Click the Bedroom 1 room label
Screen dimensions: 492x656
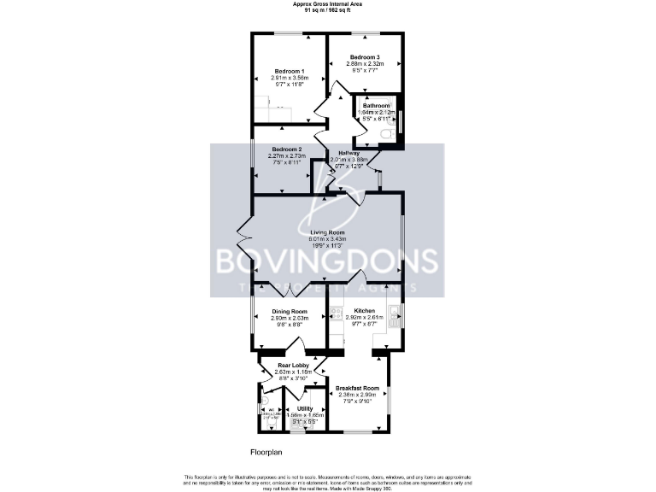point(290,71)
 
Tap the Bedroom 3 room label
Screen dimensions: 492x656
point(364,56)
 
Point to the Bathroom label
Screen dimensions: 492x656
point(376,105)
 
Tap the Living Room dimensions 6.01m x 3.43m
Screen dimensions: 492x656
point(326,239)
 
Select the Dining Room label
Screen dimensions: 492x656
point(290,312)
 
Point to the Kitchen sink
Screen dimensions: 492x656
point(395,317)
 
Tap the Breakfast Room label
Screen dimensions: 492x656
point(357,387)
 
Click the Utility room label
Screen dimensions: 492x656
point(304,408)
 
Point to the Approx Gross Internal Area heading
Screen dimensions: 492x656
point(327,4)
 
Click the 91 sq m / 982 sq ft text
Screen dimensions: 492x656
point(327,10)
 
